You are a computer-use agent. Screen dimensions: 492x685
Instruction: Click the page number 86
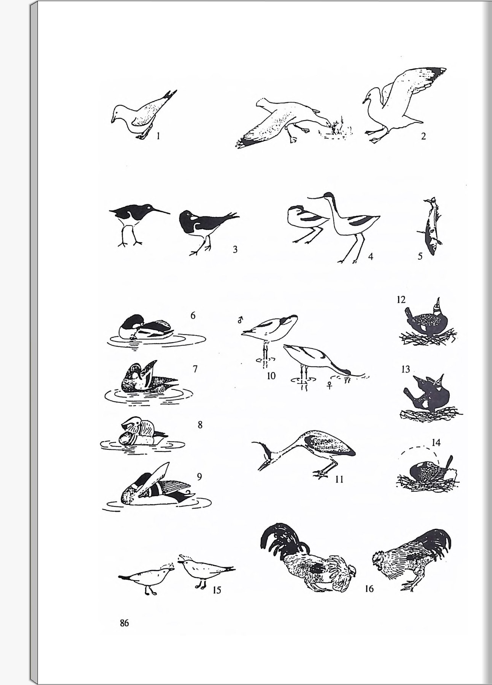[124, 623]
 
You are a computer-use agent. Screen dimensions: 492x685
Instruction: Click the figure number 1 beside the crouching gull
[158, 135]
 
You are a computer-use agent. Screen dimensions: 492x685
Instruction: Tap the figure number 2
[423, 136]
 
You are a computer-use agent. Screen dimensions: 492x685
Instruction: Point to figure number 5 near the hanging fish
[420, 256]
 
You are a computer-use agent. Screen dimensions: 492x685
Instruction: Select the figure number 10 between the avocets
[271, 376]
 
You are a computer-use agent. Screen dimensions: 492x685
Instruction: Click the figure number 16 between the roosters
[369, 589]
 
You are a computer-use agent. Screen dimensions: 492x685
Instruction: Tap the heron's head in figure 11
[265, 455]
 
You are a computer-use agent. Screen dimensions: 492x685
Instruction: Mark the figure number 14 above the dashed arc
[436, 443]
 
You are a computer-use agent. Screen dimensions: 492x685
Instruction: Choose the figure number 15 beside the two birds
[217, 591]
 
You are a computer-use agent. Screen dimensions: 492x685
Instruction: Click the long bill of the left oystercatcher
[161, 210]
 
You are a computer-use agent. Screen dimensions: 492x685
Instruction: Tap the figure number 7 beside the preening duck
[195, 369]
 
